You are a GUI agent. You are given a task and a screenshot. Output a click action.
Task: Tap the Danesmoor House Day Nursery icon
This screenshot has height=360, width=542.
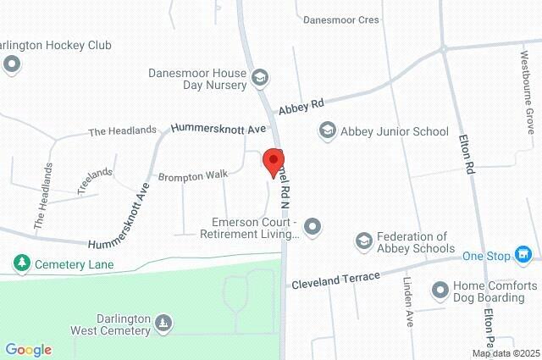pos(260,78)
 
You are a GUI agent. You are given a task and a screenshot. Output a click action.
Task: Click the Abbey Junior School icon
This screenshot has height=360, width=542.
pos(327,131)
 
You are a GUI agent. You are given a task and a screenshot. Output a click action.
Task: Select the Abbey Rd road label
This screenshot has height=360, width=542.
pos(301,105)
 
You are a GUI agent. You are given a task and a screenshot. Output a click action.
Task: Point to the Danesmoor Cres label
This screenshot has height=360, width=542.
pos(341,19)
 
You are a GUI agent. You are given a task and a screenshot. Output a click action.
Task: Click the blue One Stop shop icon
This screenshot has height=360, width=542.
pos(525,254)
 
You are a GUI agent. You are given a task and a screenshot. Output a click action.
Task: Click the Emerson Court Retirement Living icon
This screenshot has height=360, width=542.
pos(312,226)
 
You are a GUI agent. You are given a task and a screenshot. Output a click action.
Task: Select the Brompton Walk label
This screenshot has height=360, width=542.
pos(193,175)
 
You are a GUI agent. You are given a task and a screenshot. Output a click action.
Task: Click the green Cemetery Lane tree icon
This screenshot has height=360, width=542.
pos(21,264)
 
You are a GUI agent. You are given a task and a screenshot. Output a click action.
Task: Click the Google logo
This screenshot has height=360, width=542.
pos(28,350)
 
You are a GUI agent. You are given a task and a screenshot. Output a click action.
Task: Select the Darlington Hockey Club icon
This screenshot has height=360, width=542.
pos(11,64)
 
